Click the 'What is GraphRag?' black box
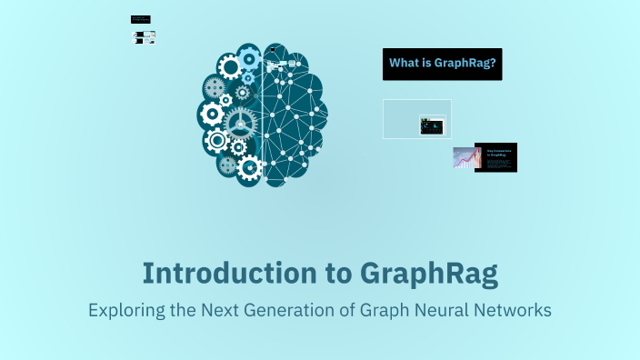442,64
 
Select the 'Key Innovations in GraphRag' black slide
495,157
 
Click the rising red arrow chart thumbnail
465,158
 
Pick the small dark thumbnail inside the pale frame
432,125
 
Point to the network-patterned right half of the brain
295,114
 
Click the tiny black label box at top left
140,19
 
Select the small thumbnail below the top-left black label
144,37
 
